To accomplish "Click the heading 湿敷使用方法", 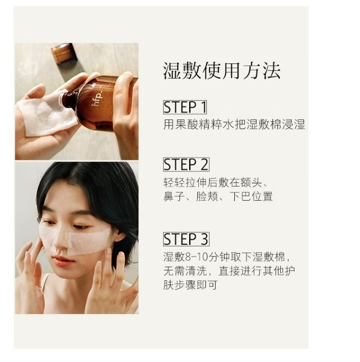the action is click(x=222, y=71).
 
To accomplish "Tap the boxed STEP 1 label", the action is click(x=185, y=107).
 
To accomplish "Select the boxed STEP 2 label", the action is click(x=186, y=164).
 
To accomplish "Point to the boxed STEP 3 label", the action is click(x=186, y=239).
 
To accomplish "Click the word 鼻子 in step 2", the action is click(x=174, y=196).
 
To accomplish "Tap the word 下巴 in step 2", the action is click(x=240, y=196).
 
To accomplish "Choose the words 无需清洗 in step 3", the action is click(x=185, y=271).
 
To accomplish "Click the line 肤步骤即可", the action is click(x=191, y=285).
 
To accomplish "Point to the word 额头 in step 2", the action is click(x=251, y=182).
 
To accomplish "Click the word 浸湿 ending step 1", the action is click(x=294, y=125).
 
